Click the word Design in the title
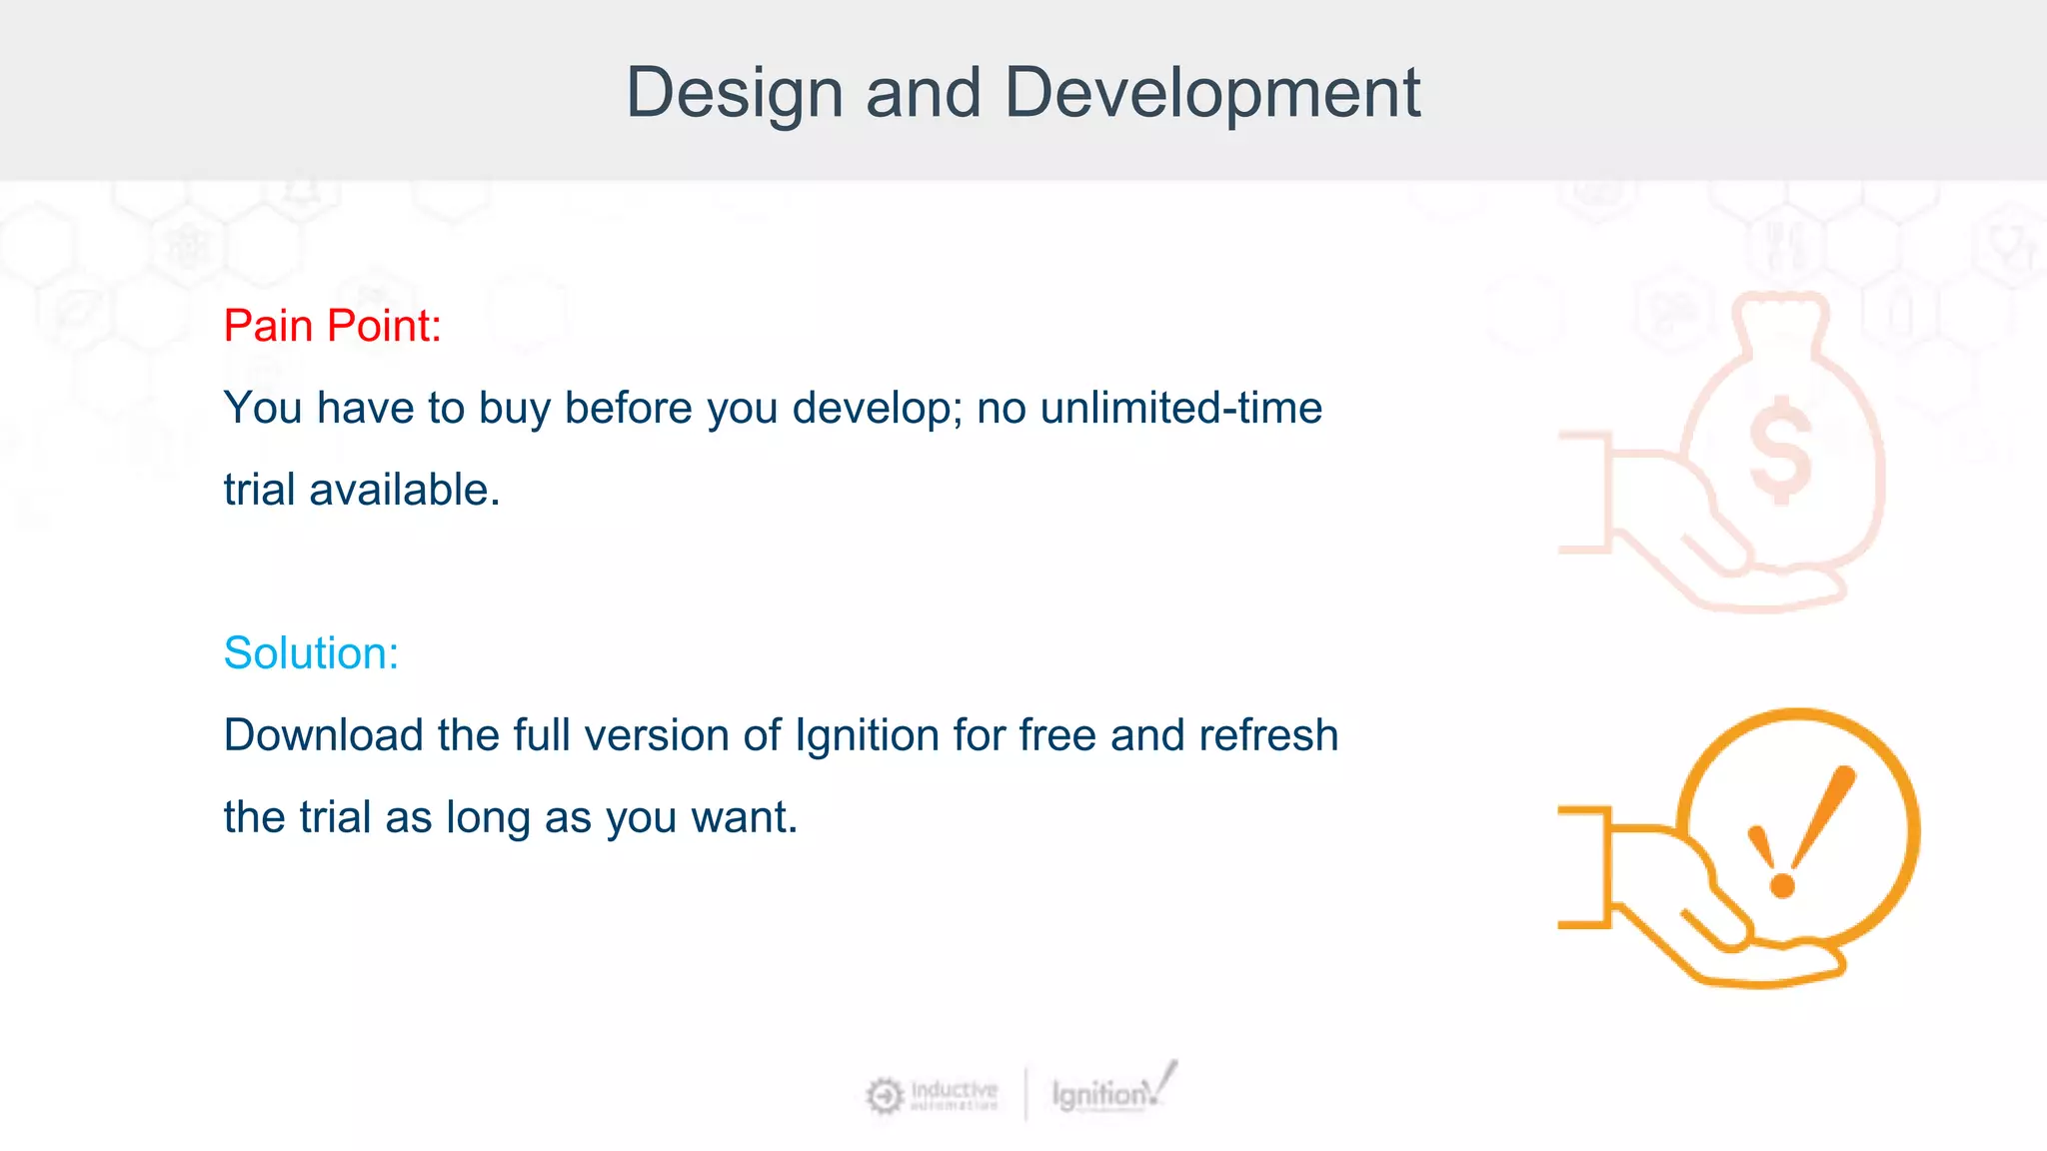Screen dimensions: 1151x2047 (735, 93)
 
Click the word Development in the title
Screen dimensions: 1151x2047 (1211, 93)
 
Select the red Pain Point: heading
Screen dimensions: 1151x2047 (332, 326)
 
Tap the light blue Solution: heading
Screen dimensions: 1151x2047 (311, 653)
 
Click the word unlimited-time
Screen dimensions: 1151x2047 (1180, 408)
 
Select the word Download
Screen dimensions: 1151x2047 (324, 735)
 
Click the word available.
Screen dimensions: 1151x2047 (404, 491)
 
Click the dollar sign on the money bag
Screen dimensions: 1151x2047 (1780, 450)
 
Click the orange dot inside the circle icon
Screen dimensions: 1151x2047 (1782, 885)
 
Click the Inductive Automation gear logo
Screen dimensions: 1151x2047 (884, 1096)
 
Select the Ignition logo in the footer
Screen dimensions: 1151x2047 (1112, 1092)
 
